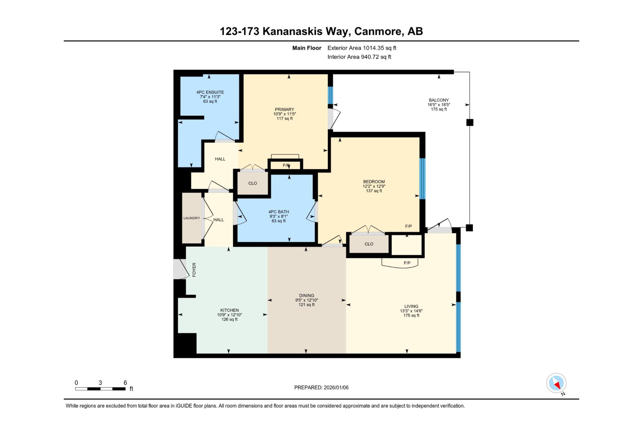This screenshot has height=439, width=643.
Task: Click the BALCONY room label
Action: pos(439,100)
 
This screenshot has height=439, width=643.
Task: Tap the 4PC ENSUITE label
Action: pos(210,92)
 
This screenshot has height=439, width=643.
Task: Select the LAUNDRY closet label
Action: pos(192,218)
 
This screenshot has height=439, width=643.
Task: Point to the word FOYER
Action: pos(194,270)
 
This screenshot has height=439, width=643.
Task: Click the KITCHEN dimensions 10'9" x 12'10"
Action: pos(229,315)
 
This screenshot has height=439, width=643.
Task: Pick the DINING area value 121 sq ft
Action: pos(306,305)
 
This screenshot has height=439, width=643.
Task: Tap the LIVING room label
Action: pos(411,306)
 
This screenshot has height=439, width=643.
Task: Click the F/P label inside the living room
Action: pos(407,263)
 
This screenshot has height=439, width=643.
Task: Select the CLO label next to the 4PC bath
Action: pos(253,183)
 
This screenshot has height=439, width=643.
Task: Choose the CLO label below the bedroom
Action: pos(369,244)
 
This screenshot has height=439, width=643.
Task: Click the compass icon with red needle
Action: pos(556,383)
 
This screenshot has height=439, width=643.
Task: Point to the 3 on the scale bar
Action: pos(100,383)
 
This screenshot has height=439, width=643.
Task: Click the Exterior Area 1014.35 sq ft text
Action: pos(362,48)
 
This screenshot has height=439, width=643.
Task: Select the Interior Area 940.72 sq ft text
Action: pos(359,57)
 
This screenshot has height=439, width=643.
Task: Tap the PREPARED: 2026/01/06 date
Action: pos(321,388)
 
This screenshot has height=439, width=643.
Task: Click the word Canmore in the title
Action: pos(378,31)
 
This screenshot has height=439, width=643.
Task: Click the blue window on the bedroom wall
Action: pos(422,179)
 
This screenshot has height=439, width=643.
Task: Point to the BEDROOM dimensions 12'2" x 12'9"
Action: pos(374,186)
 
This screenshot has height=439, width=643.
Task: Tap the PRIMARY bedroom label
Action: pos(285,109)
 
